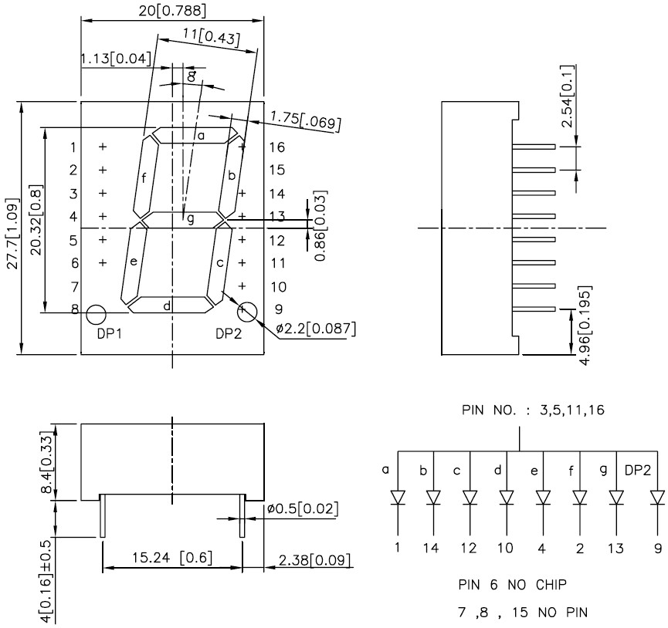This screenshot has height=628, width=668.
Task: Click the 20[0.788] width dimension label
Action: pos(172,11)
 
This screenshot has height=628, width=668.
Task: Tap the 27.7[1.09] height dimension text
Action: pos(13,234)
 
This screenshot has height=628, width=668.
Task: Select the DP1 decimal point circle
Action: pos(96,315)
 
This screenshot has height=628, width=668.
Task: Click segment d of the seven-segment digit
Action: pos(171,305)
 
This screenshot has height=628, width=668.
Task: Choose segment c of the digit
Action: pos(219,264)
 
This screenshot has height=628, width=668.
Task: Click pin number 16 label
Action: pos(277,147)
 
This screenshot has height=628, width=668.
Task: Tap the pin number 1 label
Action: pos(73,147)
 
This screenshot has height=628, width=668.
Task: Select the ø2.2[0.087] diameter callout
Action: pos(315,329)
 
